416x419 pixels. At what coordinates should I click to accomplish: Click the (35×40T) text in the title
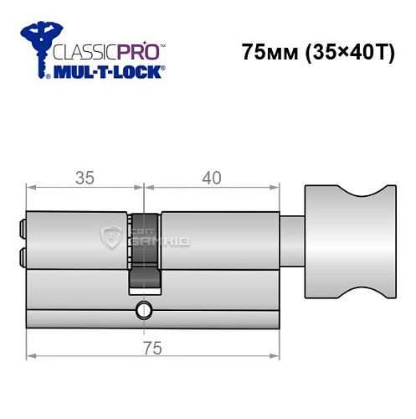(343, 51)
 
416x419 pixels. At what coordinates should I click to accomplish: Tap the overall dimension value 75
(150, 347)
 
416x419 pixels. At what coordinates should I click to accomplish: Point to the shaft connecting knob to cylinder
(290, 241)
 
